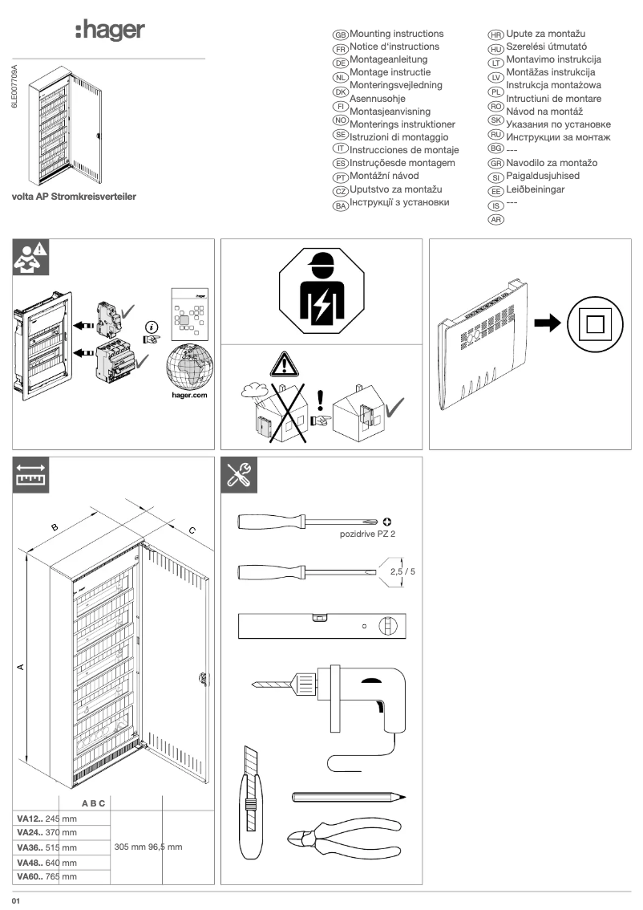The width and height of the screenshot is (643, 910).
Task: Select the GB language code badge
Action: point(340,35)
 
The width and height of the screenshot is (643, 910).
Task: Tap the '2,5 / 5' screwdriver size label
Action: point(402,572)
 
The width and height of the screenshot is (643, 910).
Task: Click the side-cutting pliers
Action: point(346,837)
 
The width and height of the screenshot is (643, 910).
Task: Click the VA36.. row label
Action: point(34,847)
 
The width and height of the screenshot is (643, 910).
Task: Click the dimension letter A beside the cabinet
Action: point(21,665)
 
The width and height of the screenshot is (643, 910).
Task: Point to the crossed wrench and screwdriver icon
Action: point(239,477)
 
